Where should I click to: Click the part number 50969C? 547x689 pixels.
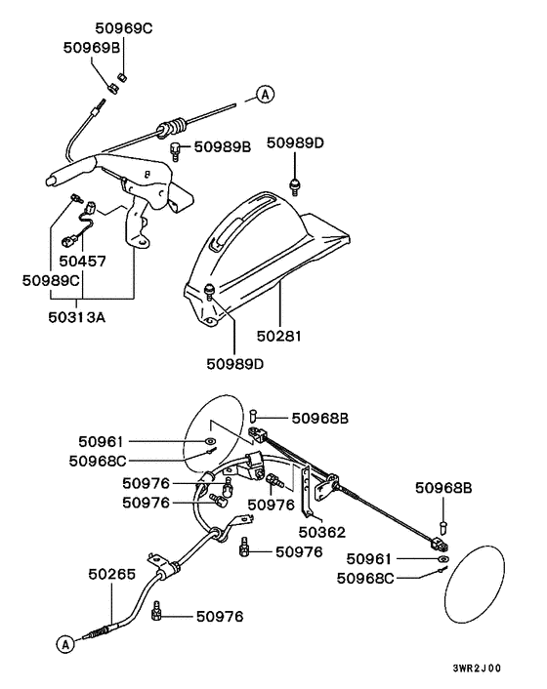(x=124, y=28)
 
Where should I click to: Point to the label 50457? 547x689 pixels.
(x=82, y=262)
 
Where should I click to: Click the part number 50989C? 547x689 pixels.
(x=51, y=280)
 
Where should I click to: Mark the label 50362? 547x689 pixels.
(x=321, y=532)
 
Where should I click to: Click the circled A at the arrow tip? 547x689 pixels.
(x=265, y=94)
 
